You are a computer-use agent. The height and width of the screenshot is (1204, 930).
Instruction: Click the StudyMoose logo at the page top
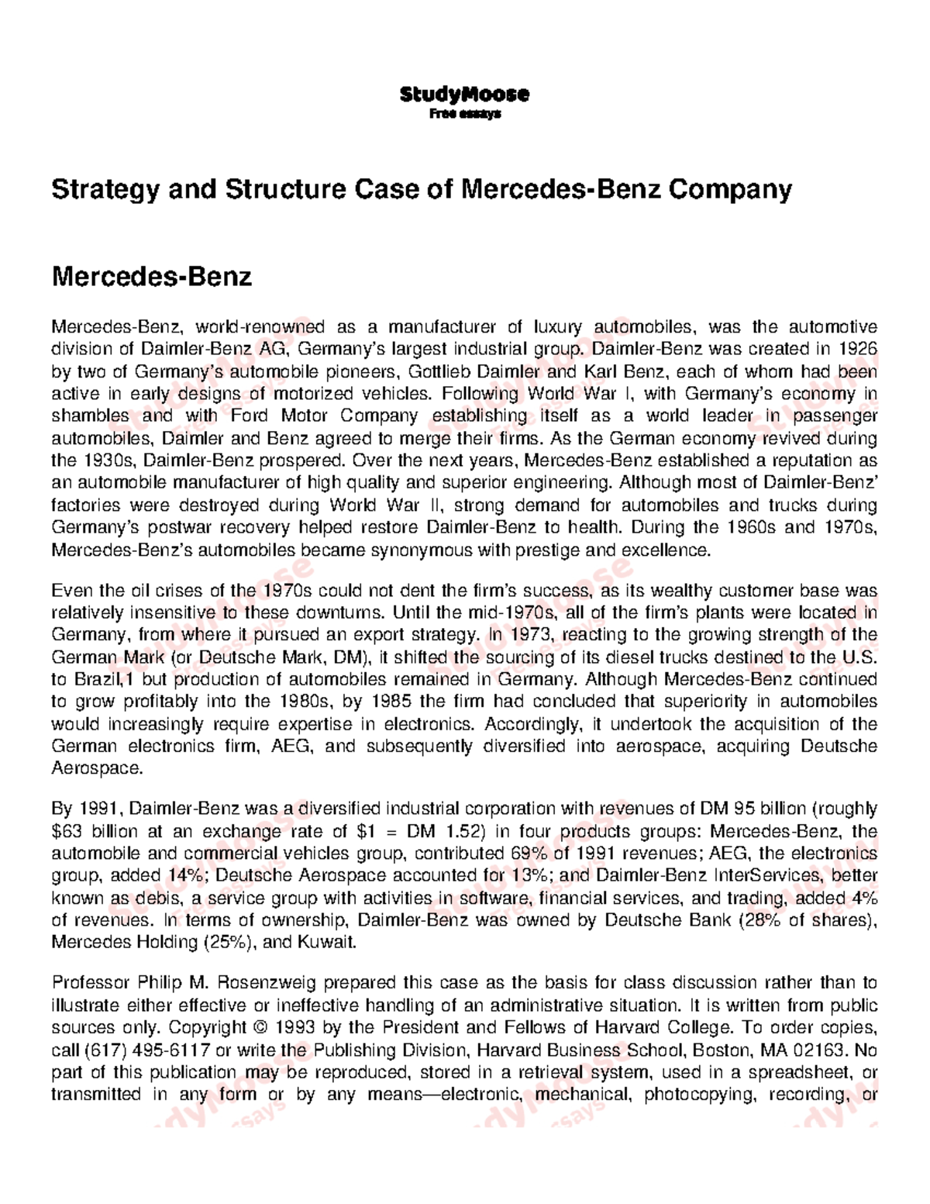coord(464,95)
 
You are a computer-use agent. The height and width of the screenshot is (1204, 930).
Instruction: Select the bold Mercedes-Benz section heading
coord(151,276)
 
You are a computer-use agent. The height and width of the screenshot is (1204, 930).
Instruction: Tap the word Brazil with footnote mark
coord(98,680)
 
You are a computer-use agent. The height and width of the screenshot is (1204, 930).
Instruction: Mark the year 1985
coord(393,702)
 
